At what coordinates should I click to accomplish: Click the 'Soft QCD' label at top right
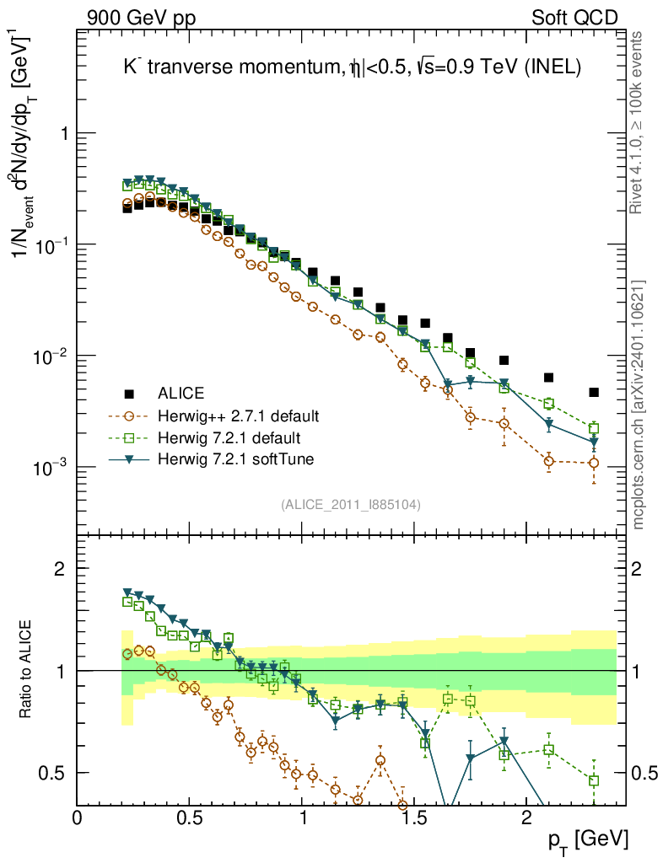[x=574, y=17]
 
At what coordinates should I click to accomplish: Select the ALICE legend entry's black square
[x=129, y=394]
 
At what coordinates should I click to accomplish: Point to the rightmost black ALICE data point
[x=594, y=392]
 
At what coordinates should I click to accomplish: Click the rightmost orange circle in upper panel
[x=594, y=463]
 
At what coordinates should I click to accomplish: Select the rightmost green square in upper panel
[x=594, y=428]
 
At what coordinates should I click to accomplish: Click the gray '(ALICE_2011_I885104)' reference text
[x=351, y=504]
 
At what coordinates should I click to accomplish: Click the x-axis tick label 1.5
[x=414, y=817]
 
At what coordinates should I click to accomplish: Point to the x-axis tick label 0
[x=78, y=817]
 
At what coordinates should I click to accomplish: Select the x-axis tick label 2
[x=526, y=817]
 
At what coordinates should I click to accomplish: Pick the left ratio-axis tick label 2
[x=60, y=568]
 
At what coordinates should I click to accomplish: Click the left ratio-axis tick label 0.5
[x=53, y=773]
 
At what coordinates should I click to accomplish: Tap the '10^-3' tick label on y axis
[x=52, y=466]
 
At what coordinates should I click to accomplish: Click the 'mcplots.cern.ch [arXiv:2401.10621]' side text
[x=639, y=405]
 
